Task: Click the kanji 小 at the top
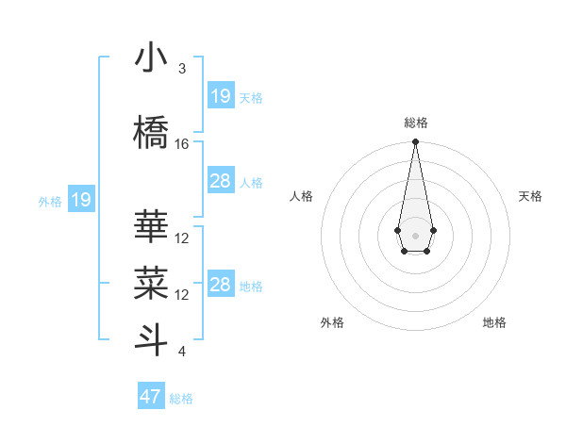pos(152,57)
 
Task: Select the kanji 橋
pos(152,133)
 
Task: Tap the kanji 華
pos(152,227)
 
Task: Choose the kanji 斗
pos(152,339)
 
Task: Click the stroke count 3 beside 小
pos(182,69)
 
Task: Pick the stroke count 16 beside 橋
pos(182,144)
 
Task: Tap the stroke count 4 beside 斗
pos(182,352)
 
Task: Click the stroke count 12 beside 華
pos(182,238)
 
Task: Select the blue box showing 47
pos(151,397)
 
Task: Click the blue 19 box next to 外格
pos(81,200)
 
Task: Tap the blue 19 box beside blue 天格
pos(221,96)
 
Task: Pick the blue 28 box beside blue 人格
pos(221,181)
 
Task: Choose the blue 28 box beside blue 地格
pos(221,285)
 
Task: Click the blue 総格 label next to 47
pos(181,399)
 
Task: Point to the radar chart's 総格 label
pos(415,123)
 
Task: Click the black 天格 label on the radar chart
pos(531,196)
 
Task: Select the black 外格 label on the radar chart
pos(332,322)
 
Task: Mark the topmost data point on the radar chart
pos(415,142)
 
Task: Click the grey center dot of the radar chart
pos(415,234)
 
